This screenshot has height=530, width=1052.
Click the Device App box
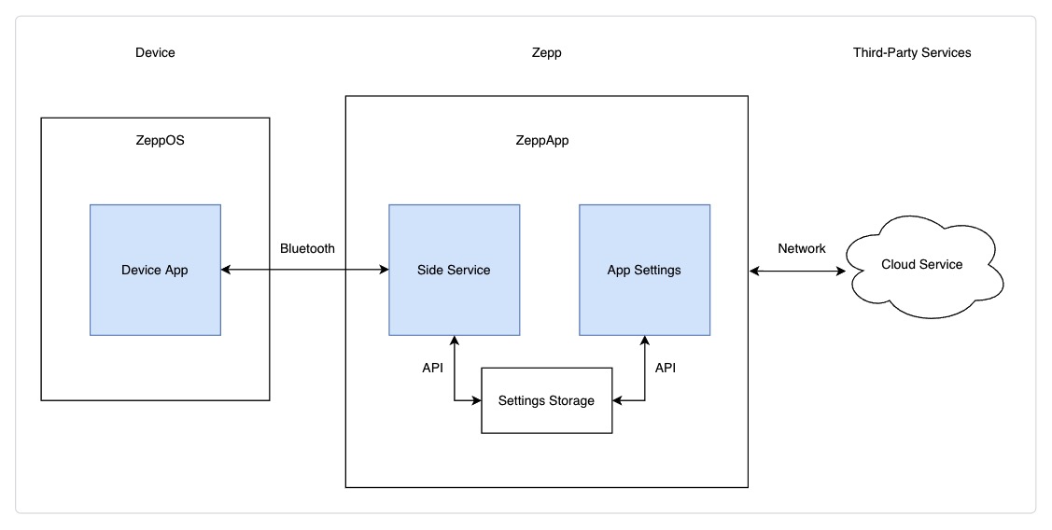click(155, 270)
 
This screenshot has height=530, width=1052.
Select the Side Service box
click(454, 270)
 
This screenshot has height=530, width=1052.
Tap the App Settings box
click(644, 270)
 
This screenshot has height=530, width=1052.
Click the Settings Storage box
click(546, 400)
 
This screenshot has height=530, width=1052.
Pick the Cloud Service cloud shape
click(921, 265)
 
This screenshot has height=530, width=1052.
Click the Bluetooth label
click(307, 248)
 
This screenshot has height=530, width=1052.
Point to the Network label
click(801, 248)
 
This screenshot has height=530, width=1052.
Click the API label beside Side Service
click(432, 368)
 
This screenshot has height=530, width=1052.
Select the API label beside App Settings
click(665, 368)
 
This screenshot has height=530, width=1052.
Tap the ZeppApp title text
click(542, 141)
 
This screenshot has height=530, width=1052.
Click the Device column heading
click(155, 52)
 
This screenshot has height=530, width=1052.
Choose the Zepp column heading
click(546, 52)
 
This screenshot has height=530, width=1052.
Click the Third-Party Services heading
click(912, 52)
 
